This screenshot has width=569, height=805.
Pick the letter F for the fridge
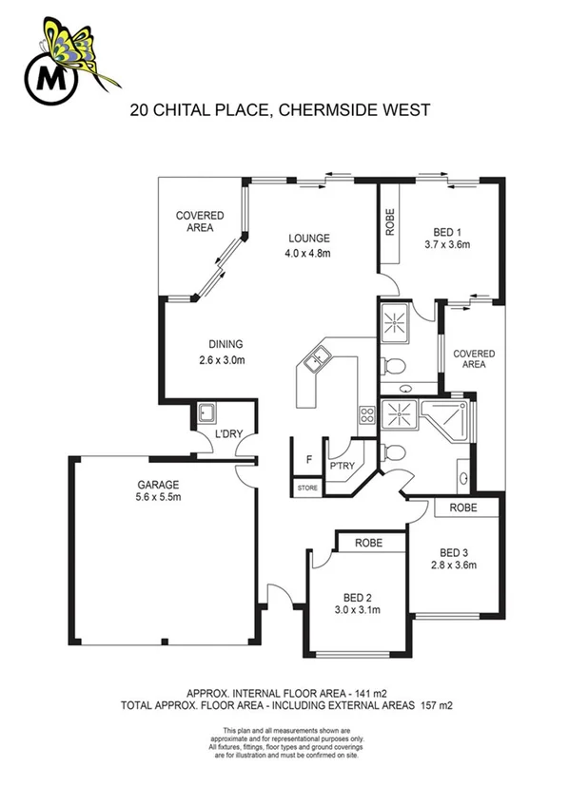(307, 461)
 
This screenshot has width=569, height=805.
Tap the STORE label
(307, 488)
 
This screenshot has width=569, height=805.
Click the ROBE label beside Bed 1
(389, 220)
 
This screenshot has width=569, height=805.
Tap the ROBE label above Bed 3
(464, 508)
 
